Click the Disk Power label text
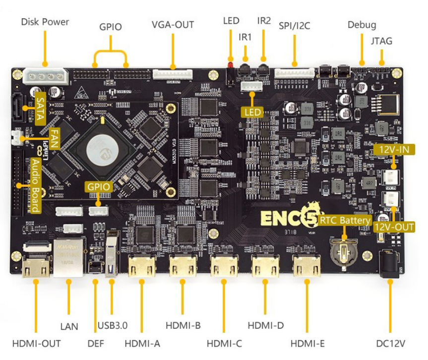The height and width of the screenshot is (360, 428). [45, 22]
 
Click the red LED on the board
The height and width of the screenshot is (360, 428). [230, 65]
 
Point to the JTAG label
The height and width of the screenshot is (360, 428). [381, 41]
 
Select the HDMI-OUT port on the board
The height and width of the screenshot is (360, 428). [36, 268]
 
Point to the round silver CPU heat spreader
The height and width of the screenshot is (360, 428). [105, 149]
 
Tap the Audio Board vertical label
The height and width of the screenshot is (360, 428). [36, 185]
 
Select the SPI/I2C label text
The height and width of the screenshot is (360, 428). [294, 25]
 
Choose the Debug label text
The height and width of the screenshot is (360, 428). [362, 24]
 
